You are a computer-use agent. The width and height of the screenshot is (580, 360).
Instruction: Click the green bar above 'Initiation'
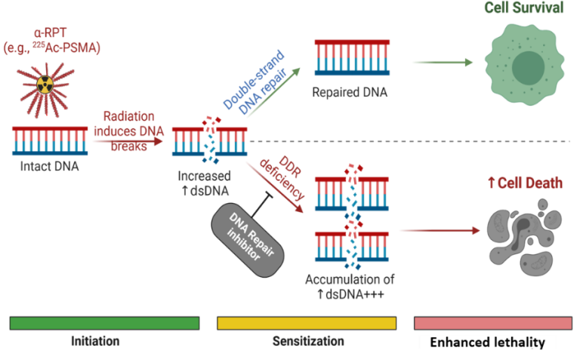pyautogui.click(x=104, y=323)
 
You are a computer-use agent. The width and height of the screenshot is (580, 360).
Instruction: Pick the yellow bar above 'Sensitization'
pyautogui.click(x=306, y=323)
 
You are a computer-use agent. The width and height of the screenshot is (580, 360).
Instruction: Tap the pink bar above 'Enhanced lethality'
pyautogui.click(x=492, y=323)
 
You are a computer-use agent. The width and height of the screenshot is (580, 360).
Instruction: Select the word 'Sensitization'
pyautogui.click(x=307, y=341)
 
